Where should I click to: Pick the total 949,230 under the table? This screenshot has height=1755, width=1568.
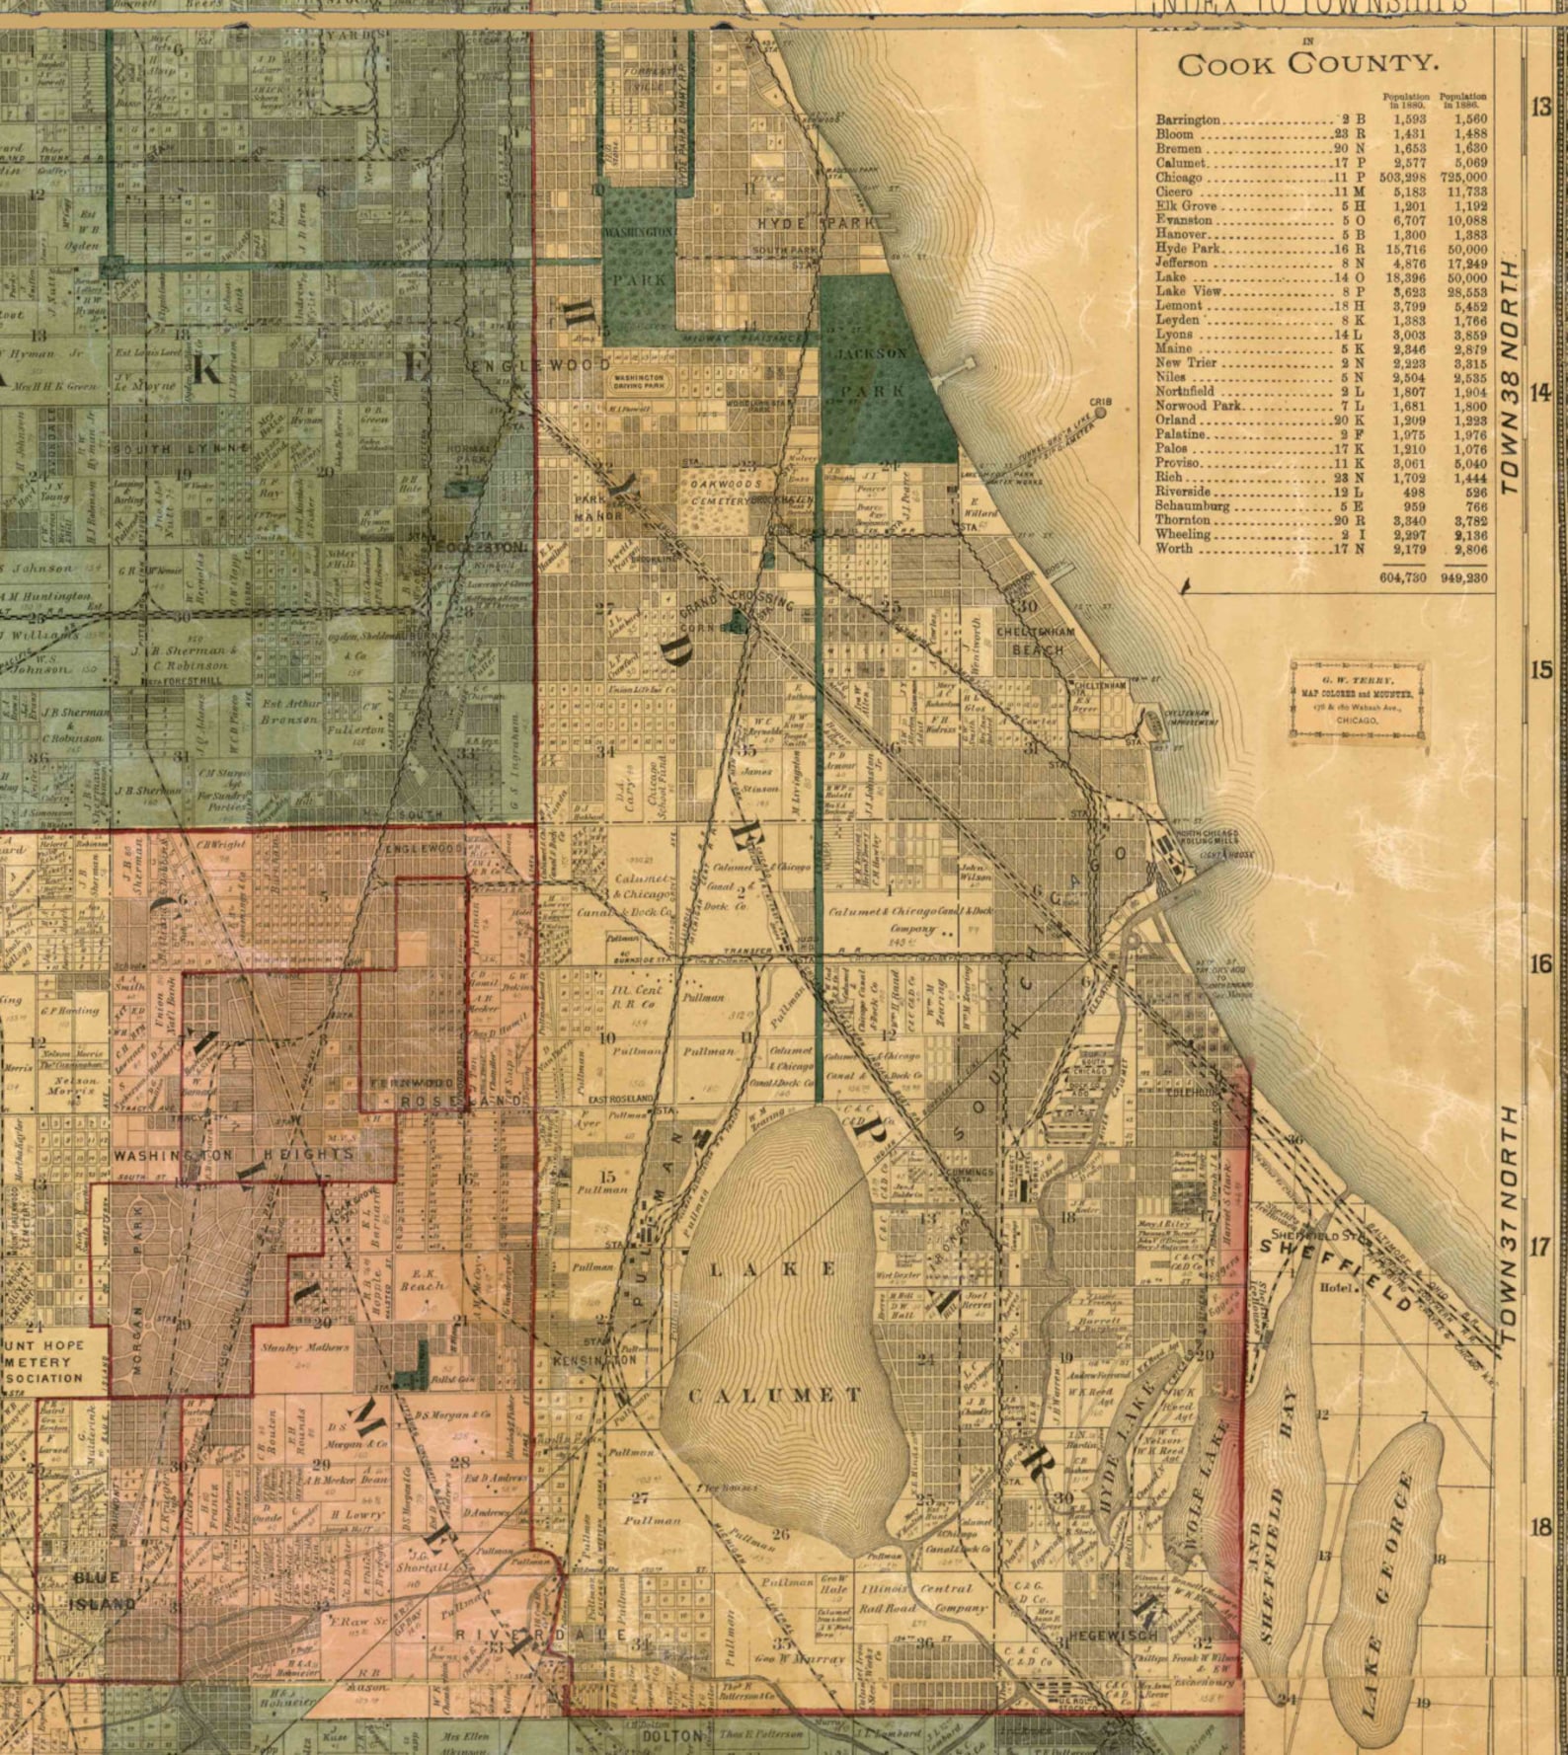click(x=1464, y=577)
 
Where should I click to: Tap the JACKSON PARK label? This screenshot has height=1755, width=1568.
click(x=870, y=371)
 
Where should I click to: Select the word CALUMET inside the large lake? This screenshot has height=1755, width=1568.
click(x=776, y=1396)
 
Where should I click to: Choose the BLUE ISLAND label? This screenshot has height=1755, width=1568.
click(x=103, y=1591)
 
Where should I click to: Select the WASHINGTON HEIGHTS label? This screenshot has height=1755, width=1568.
click(x=233, y=1154)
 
